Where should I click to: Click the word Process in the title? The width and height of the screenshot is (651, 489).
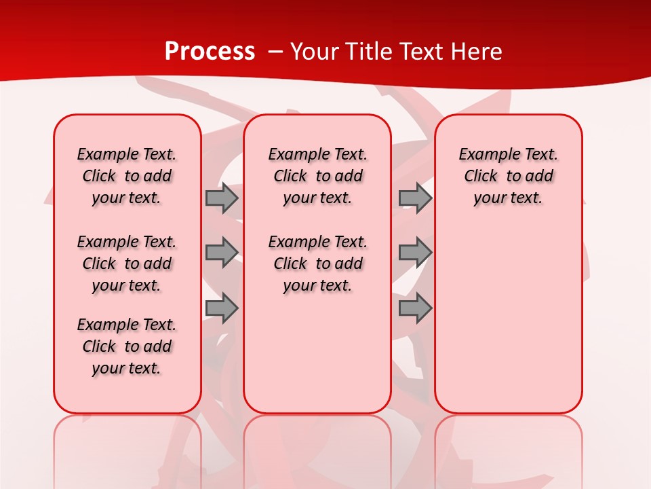click(x=210, y=51)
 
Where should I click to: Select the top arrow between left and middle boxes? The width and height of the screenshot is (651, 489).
click(x=221, y=198)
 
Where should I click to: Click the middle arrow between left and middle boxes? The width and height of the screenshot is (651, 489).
click(x=221, y=253)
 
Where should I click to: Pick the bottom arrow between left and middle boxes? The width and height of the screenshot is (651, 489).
click(x=221, y=308)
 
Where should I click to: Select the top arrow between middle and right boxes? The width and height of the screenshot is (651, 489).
click(x=415, y=198)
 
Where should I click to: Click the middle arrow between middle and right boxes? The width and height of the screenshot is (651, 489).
click(x=415, y=253)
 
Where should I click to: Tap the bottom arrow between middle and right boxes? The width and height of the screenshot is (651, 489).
click(x=415, y=308)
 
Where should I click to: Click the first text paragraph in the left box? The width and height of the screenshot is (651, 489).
click(x=127, y=176)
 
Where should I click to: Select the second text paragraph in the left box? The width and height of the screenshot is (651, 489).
click(x=127, y=264)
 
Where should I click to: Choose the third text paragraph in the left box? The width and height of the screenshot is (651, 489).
click(x=127, y=346)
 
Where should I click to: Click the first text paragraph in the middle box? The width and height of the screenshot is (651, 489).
click(x=317, y=176)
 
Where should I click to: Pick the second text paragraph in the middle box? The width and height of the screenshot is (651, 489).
click(x=317, y=264)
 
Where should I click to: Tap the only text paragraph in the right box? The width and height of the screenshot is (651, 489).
click(x=508, y=176)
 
